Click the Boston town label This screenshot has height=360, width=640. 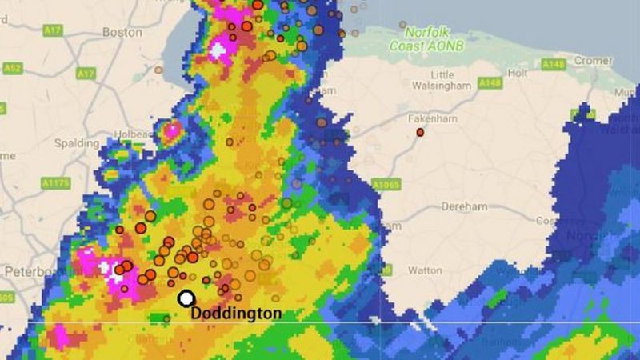click(x=122, y=33)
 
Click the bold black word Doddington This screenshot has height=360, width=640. click(x=236, y=314)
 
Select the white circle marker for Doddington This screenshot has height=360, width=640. click(x=186, y=298)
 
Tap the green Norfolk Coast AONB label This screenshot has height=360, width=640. click(x=426, y=39)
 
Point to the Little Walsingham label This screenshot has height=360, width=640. click(x=442, y=80)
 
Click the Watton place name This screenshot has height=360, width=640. click(x=425, y=270)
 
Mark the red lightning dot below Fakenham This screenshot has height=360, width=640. click(x=420, y=132)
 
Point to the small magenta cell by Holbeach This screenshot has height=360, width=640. click(x=171, y=130)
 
